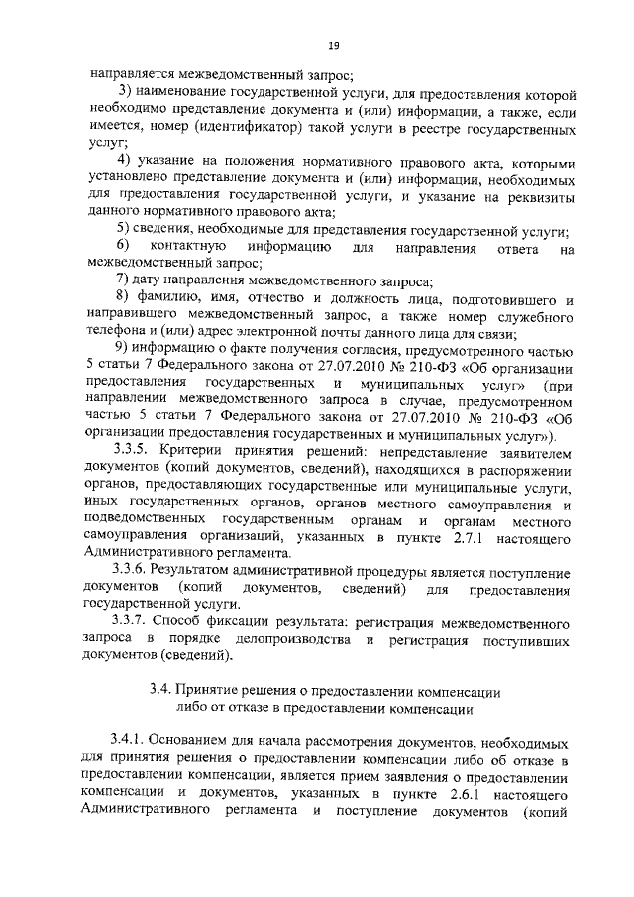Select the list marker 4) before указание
[x=123, y=162]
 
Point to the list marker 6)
[x=123, y=245]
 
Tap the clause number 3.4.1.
[x=131, y=742]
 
